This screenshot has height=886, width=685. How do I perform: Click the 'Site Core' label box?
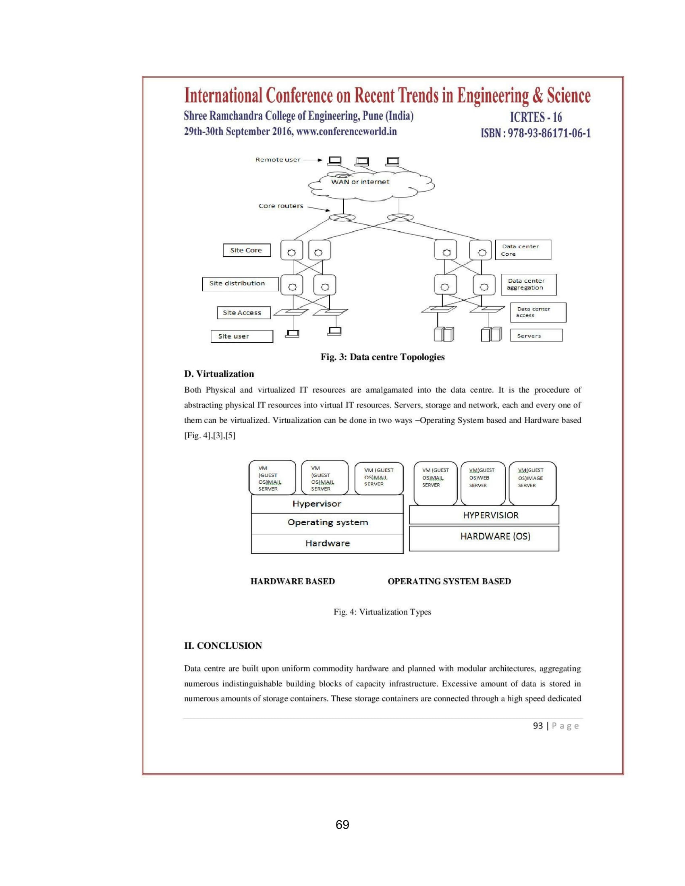(x=246, y=250)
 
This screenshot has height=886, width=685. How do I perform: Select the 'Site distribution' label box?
(x=240, y=284)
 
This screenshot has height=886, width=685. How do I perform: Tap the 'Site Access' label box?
(x=243, y=313)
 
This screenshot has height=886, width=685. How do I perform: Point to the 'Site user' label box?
(x=241, y=336)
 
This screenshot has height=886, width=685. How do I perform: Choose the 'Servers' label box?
(x=536, y=335)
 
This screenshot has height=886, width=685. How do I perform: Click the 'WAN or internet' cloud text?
(x=360, y=182)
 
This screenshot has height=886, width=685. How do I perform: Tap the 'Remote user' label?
(x=278, y=160)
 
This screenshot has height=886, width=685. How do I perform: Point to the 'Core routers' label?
(x=281, y=206)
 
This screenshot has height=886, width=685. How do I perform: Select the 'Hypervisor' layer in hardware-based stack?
(x=327, y=504)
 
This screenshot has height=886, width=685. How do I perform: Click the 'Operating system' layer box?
(x=328, y=523)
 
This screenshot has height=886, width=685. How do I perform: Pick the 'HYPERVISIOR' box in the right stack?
(x=484, y=515)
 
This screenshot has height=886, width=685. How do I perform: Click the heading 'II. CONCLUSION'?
(x=223, y=646)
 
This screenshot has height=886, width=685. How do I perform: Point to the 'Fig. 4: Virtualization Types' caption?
(x=382, y=612)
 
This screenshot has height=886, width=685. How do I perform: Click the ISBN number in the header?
(x=536, y=133)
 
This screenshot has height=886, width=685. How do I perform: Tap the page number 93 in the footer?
(x=538, y=726)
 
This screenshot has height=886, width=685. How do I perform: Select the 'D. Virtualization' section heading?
(x=219, y=374)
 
